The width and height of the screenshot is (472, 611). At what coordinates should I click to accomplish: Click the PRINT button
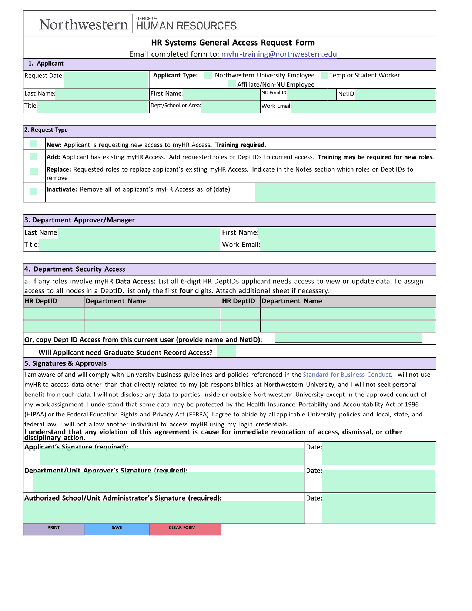pos(54,529)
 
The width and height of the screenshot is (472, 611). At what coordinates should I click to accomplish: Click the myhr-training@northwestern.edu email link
pos(279,54)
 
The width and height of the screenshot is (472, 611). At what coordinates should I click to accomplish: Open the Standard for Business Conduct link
pos(347,375)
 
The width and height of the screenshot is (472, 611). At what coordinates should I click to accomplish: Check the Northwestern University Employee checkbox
pos(208,76)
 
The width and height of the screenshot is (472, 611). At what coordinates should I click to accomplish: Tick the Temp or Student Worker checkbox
pos(325,75)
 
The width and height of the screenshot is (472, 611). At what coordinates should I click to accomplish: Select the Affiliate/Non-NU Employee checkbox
pos(232,84)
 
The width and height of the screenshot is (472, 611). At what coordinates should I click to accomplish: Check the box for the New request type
pos(34,144)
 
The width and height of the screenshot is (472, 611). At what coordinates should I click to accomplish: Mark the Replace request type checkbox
pos(34,172)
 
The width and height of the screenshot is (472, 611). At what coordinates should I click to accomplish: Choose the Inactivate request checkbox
pos(34,192)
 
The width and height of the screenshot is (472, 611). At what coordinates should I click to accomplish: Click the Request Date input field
pos(106,79)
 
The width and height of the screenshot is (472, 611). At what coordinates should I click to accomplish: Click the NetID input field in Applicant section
pos(395,94)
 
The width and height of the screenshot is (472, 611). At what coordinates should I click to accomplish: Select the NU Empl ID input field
pos(311,94)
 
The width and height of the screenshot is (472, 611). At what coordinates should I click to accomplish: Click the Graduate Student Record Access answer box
pos(227,351)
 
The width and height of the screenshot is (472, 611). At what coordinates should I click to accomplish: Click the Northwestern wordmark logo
pos(84,24)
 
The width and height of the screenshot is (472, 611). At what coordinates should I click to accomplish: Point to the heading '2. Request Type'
pos(46,130)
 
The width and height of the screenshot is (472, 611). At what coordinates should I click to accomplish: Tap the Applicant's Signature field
pos(171,456)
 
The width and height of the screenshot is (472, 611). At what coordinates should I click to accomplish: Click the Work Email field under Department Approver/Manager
pos(347,245)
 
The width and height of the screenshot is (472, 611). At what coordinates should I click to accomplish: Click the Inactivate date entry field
pos(345,192)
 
